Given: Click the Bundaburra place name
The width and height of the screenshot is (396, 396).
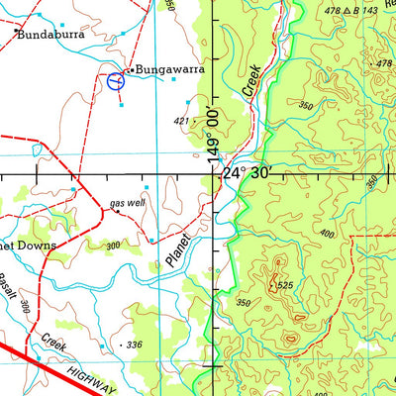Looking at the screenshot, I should click(x=50, y=33).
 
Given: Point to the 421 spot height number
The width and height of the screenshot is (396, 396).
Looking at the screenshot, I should click(x=181, y=122).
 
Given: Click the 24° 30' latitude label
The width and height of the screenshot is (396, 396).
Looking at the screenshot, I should click(x=247, y=173).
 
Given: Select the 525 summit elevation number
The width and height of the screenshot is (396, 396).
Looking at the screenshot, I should click(x=284, y=286).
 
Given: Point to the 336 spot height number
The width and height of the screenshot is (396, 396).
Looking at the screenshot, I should click(x=134, y=344).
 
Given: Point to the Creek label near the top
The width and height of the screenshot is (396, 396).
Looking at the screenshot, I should click(x=251, y=79).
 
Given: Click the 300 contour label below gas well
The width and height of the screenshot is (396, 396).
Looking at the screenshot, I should click(x=113, y=246).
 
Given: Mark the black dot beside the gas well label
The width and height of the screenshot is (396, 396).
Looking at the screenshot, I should click(x=117, y=211).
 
